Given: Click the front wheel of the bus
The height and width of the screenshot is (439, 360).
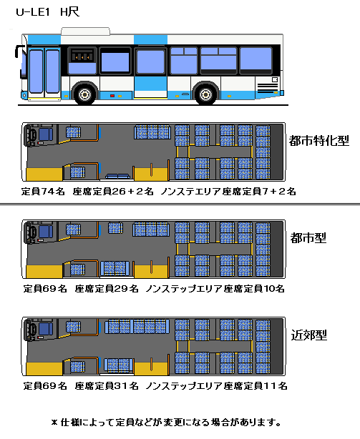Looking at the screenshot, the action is pyautogui.click(x=84, y=94).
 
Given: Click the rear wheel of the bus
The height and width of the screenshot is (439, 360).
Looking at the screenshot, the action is pyautogui.click(x=206, y=94).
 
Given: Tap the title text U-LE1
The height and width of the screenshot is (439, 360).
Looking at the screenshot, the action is pyautogui.click(x=33, y=12).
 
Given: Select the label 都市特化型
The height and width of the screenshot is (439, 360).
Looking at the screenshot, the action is pyautogui.click(x=319, y=141).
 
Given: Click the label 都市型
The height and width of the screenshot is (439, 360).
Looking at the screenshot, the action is pyautogui.click(x=308, y=238).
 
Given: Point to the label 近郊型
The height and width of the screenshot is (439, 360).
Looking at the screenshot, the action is pyautogui.click(x=308, y=335).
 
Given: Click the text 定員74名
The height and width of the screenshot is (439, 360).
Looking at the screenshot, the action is pyautogui.click(x=43, y=192).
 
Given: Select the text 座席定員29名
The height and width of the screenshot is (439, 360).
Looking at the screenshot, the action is pyautogui.click(x=107, y=288).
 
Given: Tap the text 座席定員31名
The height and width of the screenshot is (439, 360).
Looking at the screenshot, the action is pyautogui.click(x=107, y=386).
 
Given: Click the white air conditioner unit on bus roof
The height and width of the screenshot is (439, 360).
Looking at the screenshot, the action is pyautogui.click(x=85, y=31).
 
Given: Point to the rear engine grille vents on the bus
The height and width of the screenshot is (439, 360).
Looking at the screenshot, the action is pyautogui.click(x=268, y=88).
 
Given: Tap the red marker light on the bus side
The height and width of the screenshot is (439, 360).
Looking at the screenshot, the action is pyautogui.click(x=112, y=96).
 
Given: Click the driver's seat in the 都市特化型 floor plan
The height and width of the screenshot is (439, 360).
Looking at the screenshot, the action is pyautogui.click(x=46, y=134).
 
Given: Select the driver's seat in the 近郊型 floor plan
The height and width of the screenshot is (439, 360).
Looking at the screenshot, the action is pyautogui.click(x=46, y=329).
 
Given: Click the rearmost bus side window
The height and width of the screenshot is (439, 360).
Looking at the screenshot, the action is pyautogui.click(x=256, y=60).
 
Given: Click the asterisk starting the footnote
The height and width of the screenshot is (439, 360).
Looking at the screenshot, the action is pyautogui.click(x=54, y=423).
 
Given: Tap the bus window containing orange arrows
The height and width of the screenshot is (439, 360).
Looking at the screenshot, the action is pyautogui.click(x=82, y=60).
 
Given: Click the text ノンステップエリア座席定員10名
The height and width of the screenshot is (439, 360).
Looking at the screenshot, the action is pyautogui.click(x=215, y=288).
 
